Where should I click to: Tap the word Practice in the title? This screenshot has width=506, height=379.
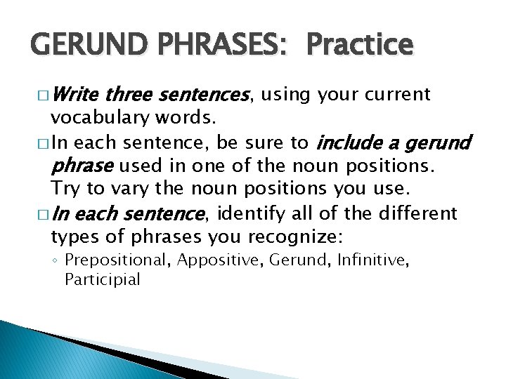coord(360,46)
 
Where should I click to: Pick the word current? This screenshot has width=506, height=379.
coord(397,94)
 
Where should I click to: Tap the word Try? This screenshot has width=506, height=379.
coord(65,188)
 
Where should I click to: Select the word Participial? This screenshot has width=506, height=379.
coord(103,279)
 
